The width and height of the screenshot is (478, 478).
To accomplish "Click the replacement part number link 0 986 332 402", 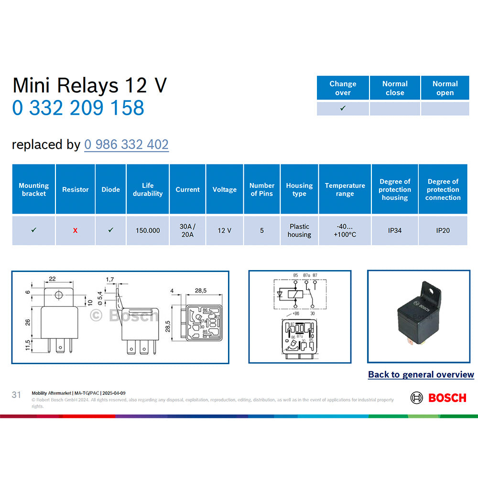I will click(126, 144).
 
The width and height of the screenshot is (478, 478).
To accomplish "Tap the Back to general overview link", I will click(421, 375).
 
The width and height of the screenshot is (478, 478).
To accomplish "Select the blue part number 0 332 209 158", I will click(78, 108).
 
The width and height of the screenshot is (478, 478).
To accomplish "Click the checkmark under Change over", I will click(343, 109).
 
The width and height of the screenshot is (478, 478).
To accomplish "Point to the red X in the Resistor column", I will click(75, 230).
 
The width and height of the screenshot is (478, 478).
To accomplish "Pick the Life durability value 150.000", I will click(147, 230).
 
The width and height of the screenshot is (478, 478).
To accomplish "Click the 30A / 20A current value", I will click(187, 230).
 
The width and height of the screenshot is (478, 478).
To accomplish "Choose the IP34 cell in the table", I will click(395, 230).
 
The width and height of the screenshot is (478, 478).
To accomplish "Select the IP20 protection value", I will click(443, 230).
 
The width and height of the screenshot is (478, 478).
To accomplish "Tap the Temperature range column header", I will click(345, 189).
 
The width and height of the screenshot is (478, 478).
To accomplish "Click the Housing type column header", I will click(299, 189).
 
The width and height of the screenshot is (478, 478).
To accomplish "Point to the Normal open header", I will click(445, 88).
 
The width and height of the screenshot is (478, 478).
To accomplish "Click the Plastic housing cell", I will click(299, 230).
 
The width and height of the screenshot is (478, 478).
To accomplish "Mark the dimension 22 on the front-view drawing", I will click(52, 279).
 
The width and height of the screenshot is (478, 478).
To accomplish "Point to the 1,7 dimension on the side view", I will click(110, 279).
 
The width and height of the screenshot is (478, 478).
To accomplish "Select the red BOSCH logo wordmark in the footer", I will click(447, 398).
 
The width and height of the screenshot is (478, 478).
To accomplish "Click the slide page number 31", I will click(16, 395).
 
